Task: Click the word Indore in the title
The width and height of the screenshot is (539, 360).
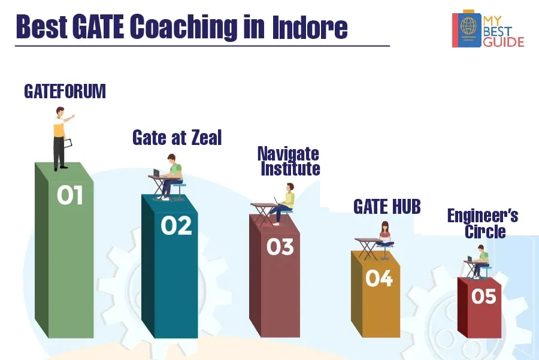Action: coord(310,26)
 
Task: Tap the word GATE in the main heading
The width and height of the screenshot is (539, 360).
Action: coord(98,26)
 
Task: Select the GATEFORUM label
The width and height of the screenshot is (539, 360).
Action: coord(65,91)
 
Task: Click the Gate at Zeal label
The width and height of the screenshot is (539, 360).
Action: coord(177,138)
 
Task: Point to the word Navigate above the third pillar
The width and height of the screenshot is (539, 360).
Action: coord(288,154)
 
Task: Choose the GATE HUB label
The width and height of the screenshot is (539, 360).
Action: coord(387,207)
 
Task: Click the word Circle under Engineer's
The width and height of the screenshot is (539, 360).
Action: coord(485,231)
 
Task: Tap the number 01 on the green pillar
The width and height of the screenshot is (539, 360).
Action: coord(70,195)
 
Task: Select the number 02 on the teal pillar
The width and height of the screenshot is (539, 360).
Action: coord(176,226)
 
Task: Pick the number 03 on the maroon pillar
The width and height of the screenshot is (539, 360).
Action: coord(280,247)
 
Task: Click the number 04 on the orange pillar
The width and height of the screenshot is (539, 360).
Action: coord(379,278)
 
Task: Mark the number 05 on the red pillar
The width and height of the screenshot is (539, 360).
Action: coord(484,296)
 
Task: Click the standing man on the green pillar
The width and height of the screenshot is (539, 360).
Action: coord(62,138)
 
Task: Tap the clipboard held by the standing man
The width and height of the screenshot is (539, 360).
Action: coord(68,143)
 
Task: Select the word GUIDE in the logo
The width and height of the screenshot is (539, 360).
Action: coord(504,42)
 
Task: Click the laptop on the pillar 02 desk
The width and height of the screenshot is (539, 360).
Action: coord(156,173)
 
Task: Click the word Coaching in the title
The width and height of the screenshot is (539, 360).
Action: coord(184,27)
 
